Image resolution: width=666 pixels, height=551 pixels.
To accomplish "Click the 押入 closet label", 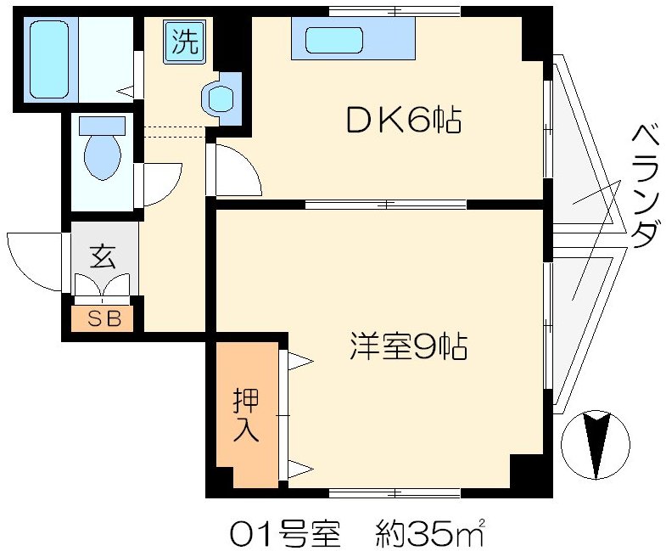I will click(x=246, y=414).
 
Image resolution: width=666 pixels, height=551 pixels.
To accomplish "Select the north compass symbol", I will click(x=596, y=443).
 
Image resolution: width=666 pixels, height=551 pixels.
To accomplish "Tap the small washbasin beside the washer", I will click(x=221, y=98).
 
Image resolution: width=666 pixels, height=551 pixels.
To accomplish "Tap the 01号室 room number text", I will click(x=284, y=534).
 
